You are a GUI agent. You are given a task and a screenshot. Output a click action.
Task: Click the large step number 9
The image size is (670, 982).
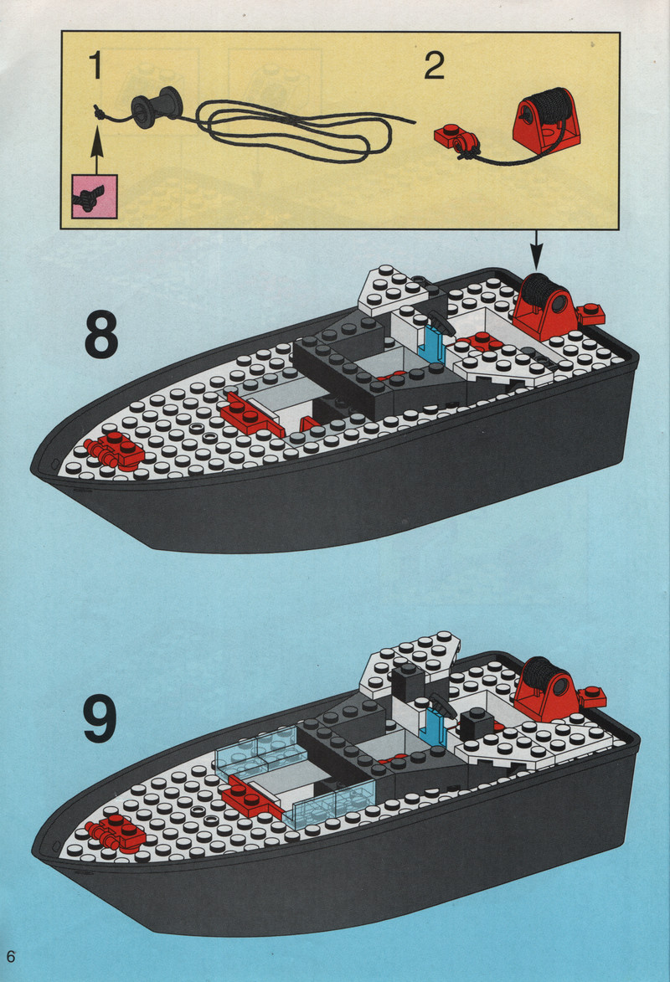coord(100,719)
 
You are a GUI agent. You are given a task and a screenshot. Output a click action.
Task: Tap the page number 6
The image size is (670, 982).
coord(11,956)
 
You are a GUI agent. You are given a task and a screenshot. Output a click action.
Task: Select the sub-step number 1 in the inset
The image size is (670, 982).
coord(95,66)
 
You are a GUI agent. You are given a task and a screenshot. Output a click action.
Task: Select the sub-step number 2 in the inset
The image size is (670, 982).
coord(435,66)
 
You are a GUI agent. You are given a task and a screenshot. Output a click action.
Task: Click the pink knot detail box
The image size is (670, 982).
coord(95,196)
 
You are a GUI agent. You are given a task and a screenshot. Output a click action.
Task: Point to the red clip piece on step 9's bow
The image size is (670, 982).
coord(117,834)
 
